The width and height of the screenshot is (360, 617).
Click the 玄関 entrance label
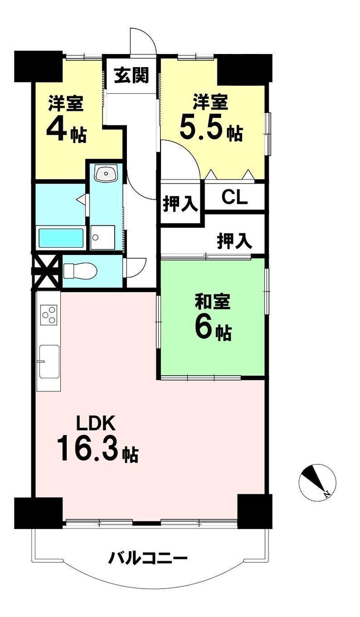[x=131, y=75]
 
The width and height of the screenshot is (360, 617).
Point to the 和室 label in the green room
[x=213, y=303]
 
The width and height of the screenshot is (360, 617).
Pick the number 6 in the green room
[x=204, y=328]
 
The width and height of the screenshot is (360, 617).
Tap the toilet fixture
[x=80, y=271]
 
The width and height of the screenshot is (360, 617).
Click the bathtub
[x=61, y=238]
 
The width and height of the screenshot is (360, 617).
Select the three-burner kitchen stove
[x=49, y=315]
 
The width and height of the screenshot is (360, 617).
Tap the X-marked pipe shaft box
[x=46, y=271]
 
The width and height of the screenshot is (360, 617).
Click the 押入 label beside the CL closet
[x=180, y=203]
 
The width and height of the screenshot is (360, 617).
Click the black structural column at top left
[x=38, y=66]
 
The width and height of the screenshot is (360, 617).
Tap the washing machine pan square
[x=103, y=237]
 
